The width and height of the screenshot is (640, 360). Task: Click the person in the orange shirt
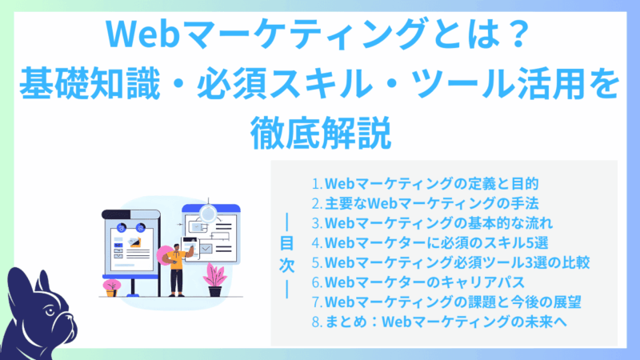click(178, 260)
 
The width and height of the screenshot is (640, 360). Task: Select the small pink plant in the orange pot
click(112, 286)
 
